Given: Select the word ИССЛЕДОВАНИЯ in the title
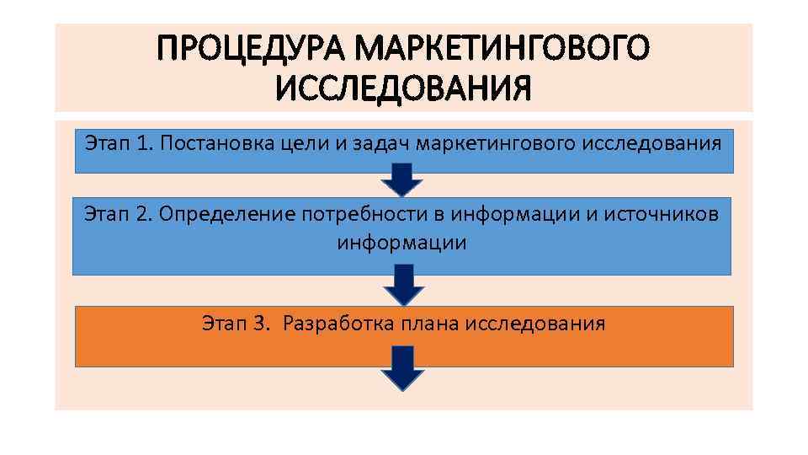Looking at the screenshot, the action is pos(404,88).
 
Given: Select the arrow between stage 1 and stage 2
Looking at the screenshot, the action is pos(402,180).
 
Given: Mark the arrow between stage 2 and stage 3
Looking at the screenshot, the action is pos(403,285).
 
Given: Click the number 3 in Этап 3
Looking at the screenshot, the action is pos(259,323).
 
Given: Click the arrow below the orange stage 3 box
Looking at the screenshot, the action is pos(403,369).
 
